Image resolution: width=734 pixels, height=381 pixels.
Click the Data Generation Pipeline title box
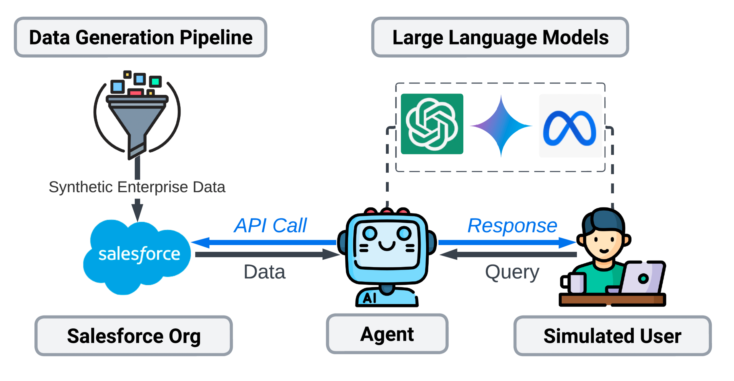click(140, 37)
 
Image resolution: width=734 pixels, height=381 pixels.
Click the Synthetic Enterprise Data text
click(137, 187)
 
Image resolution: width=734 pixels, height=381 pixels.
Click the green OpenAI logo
click(432, 124)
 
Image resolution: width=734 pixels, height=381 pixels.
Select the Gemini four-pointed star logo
click(501, 126)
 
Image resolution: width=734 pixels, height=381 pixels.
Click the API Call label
click(271, 226)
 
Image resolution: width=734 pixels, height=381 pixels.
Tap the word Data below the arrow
click(264, 272)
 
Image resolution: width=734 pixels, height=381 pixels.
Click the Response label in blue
click(512, 226)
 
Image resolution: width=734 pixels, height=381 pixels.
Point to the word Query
click(512, 272)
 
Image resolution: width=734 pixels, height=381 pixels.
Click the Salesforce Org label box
click(134, 336)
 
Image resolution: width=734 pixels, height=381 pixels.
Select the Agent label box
click(387, 334)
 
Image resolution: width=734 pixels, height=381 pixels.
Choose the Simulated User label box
click(612, 336)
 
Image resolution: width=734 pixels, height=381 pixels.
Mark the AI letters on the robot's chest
click(370, 298)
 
